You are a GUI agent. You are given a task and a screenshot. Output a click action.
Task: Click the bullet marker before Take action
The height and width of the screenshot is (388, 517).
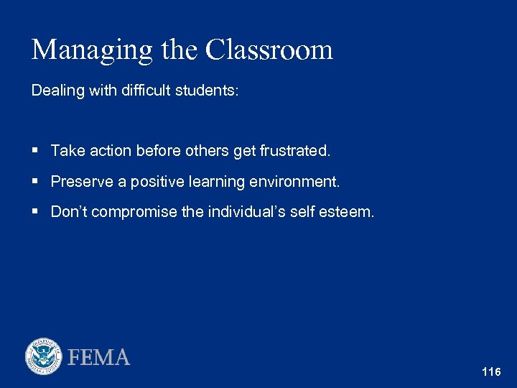tap(35, 150)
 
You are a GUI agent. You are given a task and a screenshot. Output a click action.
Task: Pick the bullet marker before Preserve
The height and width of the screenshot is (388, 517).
tap(35, 181)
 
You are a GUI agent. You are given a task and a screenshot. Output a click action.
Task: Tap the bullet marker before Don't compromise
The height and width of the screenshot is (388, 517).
tap(35, 212)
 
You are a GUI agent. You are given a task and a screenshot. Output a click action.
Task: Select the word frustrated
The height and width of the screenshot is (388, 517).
tap(295, 151)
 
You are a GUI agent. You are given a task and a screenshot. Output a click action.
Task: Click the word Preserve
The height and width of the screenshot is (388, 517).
tap(81, 182)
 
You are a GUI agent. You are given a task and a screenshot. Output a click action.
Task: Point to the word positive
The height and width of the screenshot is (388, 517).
tap(154, 182)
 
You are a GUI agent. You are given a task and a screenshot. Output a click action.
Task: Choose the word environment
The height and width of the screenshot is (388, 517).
tap(294, 182)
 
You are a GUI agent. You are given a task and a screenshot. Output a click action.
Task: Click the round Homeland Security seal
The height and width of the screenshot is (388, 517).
tap(44, 356)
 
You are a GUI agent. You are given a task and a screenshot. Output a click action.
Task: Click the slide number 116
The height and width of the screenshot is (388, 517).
tap(491, 372)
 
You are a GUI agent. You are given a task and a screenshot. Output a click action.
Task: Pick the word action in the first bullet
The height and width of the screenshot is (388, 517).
tap(106, 151)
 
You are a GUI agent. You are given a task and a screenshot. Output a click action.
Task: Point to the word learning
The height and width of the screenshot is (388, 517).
tap(216, 182)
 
